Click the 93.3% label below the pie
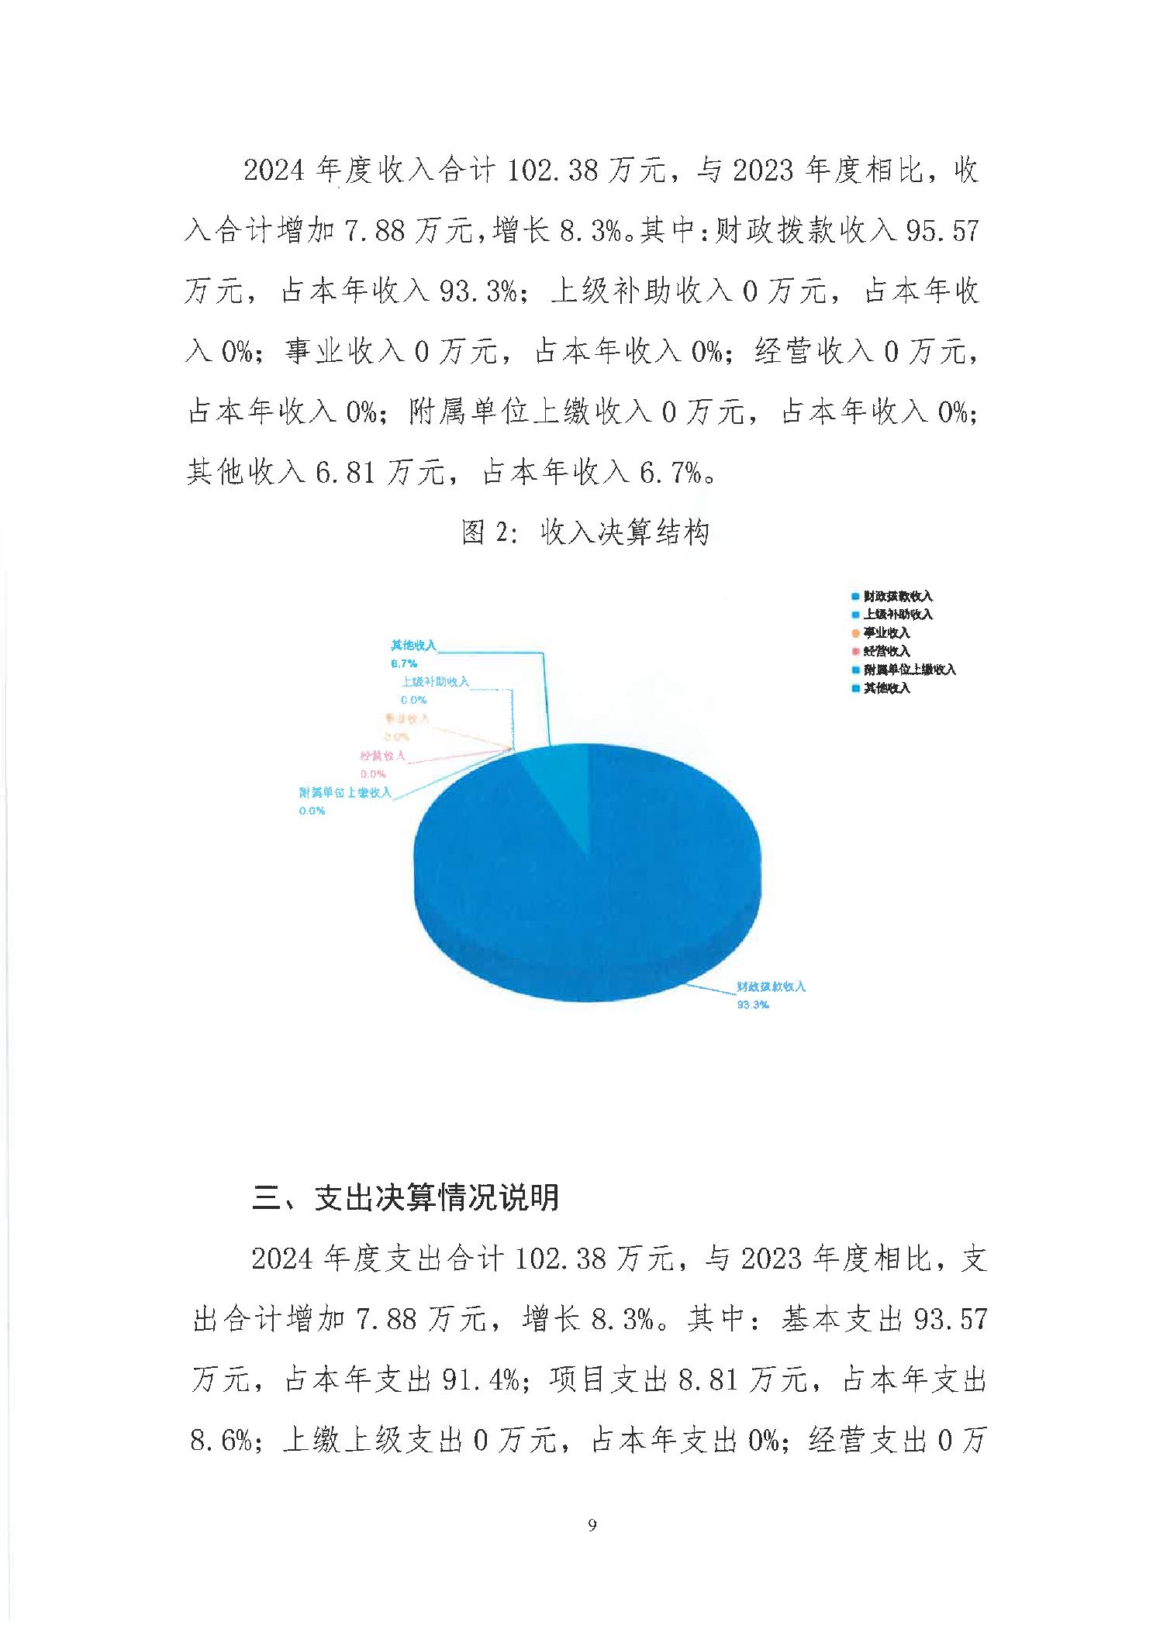(752, 1005)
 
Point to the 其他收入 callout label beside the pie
(413, 645)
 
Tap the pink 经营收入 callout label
(382, 756)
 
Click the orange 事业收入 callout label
(406, 719)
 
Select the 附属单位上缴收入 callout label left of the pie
(345, 793)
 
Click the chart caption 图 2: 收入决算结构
(585, 532)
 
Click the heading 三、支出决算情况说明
(406, 1197)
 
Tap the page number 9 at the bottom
(592, 1526)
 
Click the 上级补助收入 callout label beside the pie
(435, 682)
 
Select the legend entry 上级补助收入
(897, 615)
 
